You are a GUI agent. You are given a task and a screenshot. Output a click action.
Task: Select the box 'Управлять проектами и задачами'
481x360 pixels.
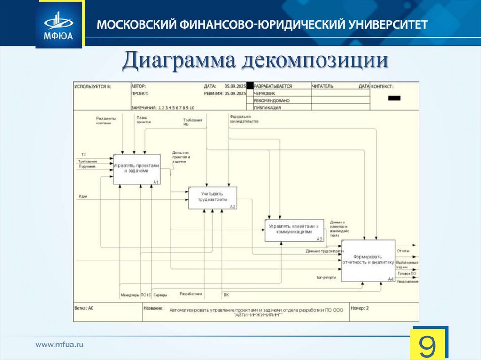(136, 169)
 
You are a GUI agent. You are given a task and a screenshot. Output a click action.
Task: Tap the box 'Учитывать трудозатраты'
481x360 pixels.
(212, 198)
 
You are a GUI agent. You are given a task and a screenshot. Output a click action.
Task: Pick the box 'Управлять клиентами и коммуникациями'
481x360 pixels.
(295, 230)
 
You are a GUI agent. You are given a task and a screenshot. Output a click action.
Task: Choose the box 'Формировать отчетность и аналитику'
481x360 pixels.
(368, 260)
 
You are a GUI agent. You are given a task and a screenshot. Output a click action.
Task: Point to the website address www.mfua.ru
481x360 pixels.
(59, 345)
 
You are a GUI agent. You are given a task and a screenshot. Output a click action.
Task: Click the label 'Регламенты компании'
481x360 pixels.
(103, 120)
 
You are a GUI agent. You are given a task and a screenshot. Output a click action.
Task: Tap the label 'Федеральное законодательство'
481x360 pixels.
(244, 118)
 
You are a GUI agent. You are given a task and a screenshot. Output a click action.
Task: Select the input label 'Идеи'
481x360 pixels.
(83, 196)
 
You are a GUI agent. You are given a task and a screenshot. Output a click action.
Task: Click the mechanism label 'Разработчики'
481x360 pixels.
(191, 294)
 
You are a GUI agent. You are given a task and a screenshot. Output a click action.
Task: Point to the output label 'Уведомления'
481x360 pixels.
(407, 281)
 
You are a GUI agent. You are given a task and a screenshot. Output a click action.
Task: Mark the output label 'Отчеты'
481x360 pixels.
(403, 251)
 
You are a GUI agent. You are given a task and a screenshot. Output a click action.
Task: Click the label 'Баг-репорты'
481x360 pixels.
(326, 277)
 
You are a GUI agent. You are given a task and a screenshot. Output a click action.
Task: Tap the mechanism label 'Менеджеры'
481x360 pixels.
(130, 295)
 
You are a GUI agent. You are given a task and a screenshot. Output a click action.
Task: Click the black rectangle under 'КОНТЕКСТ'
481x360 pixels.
(395, 98)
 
